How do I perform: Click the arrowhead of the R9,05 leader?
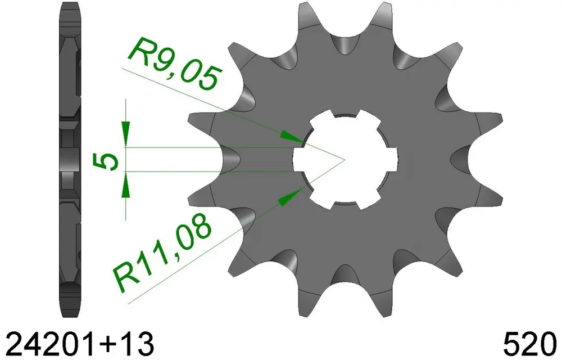(293, 137)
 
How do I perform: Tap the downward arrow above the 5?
(126, 131)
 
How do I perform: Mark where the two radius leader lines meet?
(344, 159)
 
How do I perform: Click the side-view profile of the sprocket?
(70, 157)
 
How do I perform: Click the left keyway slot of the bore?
(302, 159)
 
